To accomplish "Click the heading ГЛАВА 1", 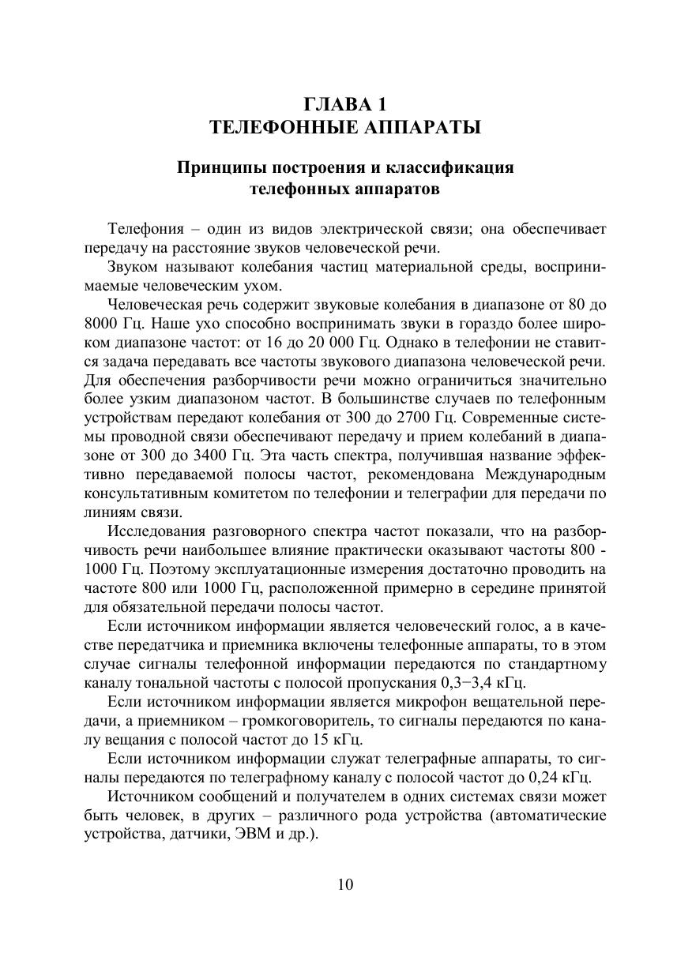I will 345,103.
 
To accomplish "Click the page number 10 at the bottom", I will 345,883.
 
